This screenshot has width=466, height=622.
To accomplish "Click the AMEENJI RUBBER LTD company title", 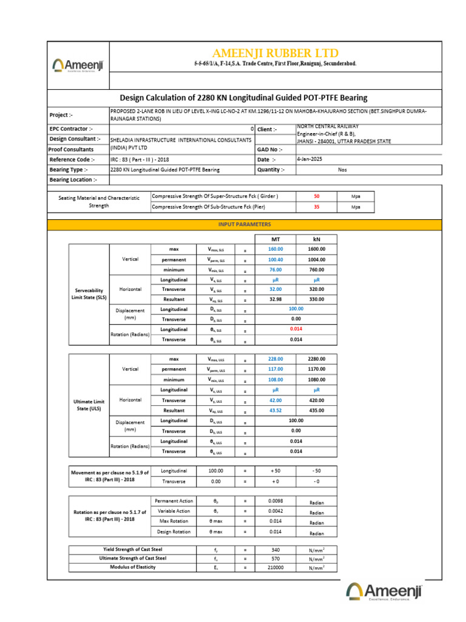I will pos(275,53).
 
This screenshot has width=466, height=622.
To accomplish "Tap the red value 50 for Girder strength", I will pos(316,197).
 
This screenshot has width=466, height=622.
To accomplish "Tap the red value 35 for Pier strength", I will pos(316,207).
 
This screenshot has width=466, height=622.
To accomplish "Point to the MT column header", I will pos(275,239).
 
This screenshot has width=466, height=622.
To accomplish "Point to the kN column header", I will pos(316,239).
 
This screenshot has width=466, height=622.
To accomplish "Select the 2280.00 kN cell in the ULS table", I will pos(316,359).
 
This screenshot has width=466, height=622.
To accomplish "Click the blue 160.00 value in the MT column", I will pos(275,249).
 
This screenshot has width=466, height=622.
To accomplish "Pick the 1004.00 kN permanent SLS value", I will pos(316,259).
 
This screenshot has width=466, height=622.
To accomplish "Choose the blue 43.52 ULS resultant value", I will pos(275,411).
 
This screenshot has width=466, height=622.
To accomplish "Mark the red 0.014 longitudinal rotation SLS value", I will pos(295,329).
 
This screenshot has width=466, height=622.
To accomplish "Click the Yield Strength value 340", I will pos(275,549).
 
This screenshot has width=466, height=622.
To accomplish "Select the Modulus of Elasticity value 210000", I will pos(275,567).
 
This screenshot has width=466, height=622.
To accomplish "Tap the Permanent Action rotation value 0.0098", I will pos(275,501).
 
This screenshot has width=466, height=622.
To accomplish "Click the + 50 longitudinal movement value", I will pos(275,471).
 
